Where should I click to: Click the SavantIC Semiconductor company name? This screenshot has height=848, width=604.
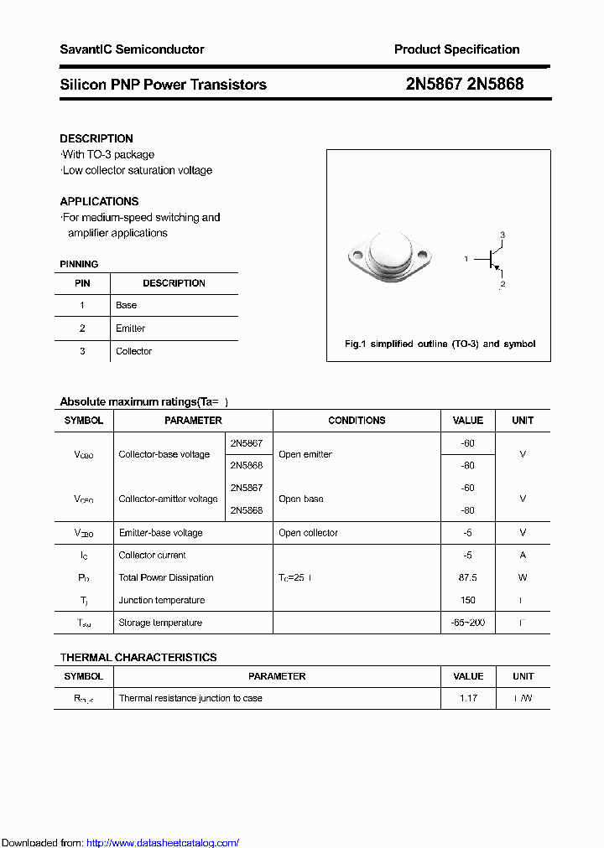coord(132,49)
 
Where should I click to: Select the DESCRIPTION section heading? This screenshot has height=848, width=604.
coord(96,138)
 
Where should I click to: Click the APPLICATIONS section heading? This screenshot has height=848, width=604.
coord(99,201)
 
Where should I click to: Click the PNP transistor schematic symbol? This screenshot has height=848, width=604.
coord(492,260)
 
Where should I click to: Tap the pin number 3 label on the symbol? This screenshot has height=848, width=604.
coord(502,235)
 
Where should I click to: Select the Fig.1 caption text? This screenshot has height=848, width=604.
coord(440,344)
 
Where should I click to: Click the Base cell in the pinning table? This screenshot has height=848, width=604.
coord(127,305)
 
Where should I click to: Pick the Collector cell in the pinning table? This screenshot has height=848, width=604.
coord(133,351)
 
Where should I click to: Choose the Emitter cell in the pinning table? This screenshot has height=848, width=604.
coord(131,328)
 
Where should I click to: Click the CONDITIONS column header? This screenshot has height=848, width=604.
coord(357,421)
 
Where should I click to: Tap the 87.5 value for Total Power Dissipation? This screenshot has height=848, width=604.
coord(467,577)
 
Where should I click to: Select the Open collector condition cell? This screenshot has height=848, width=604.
coord(308,533)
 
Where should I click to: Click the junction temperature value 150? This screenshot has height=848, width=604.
coord(467,600)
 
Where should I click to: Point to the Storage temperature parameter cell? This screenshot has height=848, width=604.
coord(160,623)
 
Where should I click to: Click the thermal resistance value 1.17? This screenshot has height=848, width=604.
coord(467,698)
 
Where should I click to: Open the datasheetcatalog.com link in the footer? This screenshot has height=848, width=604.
coord(163,843)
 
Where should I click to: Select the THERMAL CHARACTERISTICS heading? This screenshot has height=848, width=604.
coord(138,658)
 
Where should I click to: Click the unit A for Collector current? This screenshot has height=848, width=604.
coord(523,555)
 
